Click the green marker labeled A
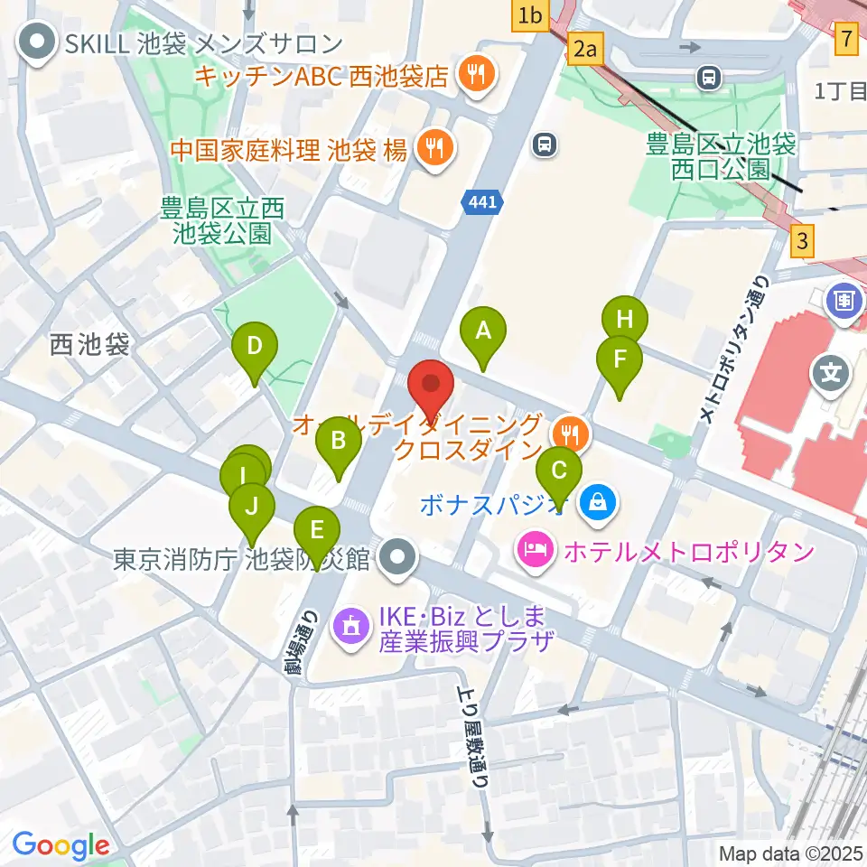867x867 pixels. point(483,331)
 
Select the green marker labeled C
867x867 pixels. point(559,471)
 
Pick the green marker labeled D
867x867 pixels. point(255,347)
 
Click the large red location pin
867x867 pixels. point(431,386)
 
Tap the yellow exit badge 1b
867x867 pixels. point(530,15)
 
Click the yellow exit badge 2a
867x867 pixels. point(586,49)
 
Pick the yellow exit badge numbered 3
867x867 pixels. point(801,242)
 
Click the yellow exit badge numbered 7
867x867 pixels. point(846,38)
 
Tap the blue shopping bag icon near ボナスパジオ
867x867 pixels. point(597,502)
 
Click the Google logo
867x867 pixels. point(61,845)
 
